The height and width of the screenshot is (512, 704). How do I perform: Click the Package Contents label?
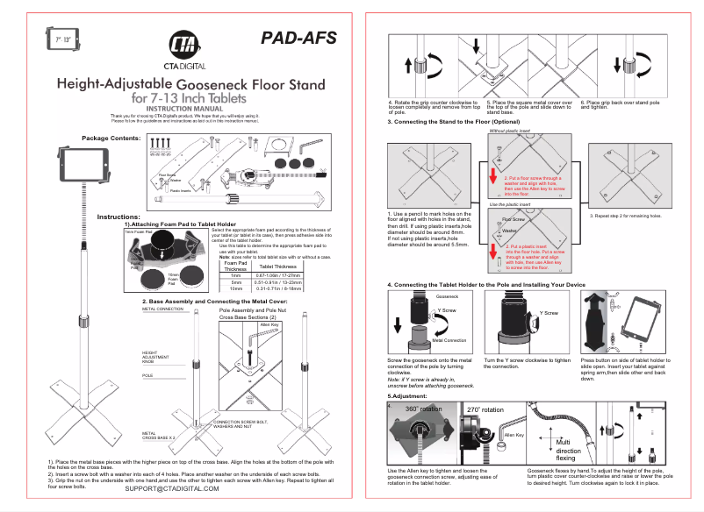coord(111,139)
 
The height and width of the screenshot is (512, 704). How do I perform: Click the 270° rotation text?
coord(485,410)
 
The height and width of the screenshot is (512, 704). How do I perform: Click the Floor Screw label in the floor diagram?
coord(513,219)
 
